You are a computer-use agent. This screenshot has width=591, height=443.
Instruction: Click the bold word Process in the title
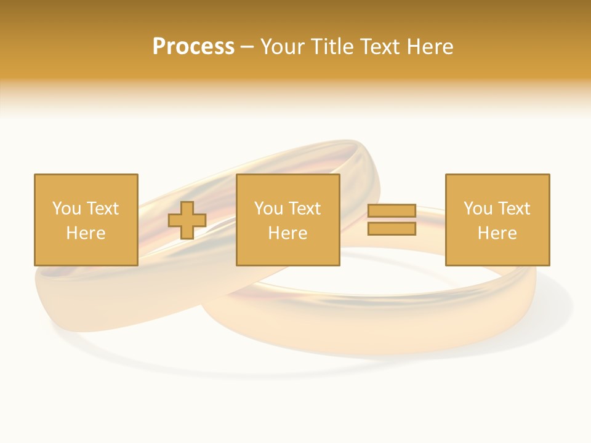coord(193,47)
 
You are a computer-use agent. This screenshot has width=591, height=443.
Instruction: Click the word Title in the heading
coord(332,47)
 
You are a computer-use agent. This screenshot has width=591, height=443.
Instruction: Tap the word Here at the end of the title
coord(429,47)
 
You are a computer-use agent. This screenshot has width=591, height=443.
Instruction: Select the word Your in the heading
coord(283,47)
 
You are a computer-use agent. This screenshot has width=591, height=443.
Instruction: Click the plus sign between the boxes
coord(187,220)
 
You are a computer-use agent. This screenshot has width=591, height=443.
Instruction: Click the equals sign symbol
coord(392,220)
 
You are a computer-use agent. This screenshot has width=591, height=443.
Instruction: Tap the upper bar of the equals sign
coord(392,211)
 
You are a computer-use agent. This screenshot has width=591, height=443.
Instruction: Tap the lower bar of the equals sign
coord(392,229)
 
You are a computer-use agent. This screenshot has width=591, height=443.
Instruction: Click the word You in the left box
coord(66,209)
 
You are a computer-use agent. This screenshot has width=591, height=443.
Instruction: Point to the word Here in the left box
coord(86,233)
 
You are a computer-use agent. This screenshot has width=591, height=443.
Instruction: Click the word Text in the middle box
coord(304,209)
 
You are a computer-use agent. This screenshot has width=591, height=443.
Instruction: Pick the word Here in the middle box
coord(288,233)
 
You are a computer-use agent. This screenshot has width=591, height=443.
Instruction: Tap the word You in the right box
coord(477,209)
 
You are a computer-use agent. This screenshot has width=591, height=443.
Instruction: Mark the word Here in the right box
coord(497,233)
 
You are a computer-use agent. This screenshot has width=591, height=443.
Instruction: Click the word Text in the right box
coord(513,209)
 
